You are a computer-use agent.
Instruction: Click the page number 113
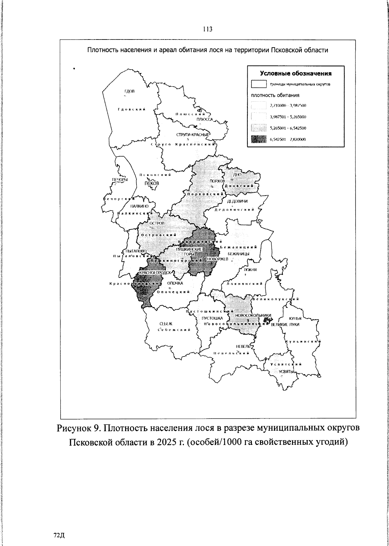click(x=207, y=29)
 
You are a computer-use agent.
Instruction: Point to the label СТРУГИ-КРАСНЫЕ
click(x=193, y=135)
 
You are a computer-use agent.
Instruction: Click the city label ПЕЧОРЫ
click(x=120, y=180)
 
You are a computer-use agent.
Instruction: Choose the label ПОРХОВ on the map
click(x=217, y=181)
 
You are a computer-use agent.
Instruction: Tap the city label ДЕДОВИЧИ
click(x=237, y=201)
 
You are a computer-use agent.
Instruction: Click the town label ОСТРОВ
click(x=157, y=223)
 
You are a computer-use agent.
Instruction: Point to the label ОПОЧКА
click(x=175, y=283)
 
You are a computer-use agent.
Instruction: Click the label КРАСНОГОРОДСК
click(x=154, y=273)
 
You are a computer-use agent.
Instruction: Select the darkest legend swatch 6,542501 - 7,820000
click(x=258, y=139)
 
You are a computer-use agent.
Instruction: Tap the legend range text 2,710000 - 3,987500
click(x=288, y=106)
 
